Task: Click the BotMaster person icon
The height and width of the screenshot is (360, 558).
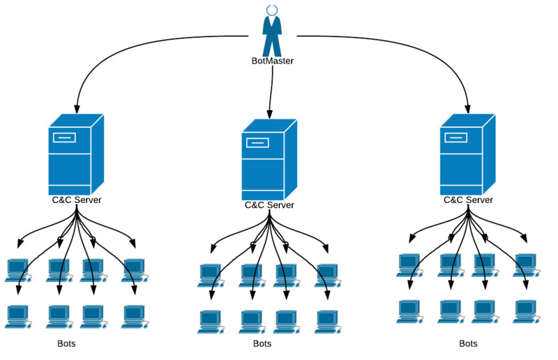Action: pos(272,31)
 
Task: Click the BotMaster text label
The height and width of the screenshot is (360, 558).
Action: pos(272,61)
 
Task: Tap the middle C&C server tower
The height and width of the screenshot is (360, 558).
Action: pos(269,160)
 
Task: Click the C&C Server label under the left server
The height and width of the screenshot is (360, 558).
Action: pos(77,200)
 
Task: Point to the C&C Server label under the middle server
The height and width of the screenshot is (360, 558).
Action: pos(269,205)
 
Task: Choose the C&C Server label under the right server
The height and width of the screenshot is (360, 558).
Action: pos(468,200)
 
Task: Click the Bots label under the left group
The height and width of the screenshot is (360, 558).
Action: pos(67,344)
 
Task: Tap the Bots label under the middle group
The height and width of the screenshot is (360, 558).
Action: pos(262,344)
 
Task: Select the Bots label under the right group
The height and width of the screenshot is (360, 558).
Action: pos(469,344)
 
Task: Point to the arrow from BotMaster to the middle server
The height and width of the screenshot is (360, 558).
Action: pos(271,91)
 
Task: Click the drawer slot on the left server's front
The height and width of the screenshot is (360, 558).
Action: pos(64,137)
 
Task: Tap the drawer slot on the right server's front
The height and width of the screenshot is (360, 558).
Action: pos(456,137)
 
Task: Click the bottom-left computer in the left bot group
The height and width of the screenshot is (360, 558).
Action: pos(16,316)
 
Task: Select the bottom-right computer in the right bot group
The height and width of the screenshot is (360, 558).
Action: pos(525,310)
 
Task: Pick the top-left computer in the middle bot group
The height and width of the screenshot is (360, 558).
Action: pos(209,274)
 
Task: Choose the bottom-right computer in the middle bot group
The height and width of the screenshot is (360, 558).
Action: pos(326,320)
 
